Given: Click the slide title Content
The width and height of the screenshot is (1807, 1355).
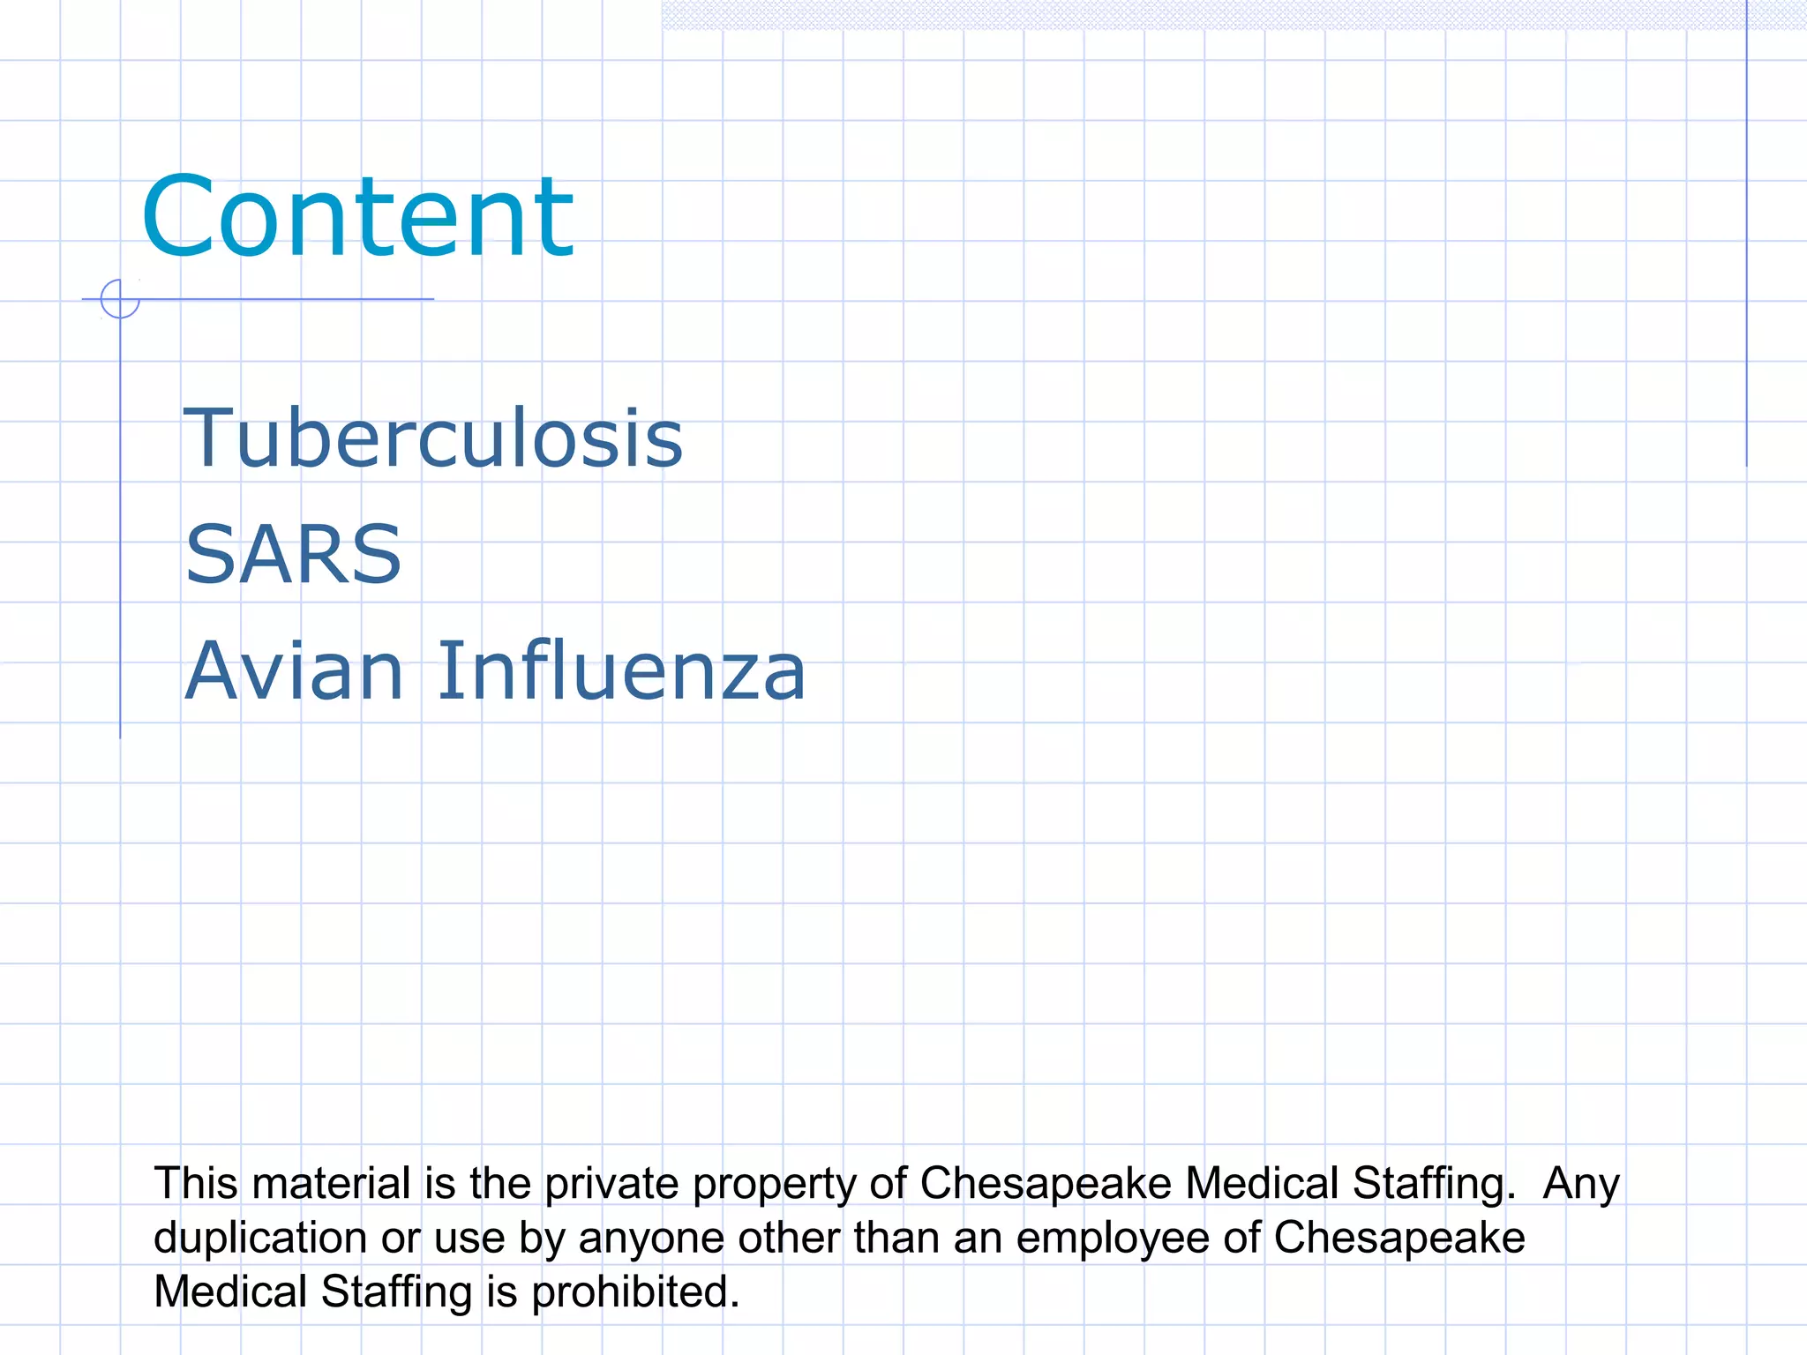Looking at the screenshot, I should (x=357, y=217).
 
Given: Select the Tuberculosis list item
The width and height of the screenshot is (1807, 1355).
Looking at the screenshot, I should (x=432, y=438).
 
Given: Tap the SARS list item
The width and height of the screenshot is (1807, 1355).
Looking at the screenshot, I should (x=294, y=554).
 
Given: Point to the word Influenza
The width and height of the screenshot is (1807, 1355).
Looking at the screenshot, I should (x=621, y=670).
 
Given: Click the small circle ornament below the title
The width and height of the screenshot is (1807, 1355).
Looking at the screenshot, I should (x=120, y=299).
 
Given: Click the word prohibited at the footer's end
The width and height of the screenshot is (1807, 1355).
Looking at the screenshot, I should (x=635, y=1292).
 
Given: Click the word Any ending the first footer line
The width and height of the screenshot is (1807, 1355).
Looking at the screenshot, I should (x=1580, y=1185).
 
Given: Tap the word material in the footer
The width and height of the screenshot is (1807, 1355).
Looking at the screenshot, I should (x=331, y=1183).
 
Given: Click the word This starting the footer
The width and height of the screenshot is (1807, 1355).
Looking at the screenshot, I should (x=195, y=1183).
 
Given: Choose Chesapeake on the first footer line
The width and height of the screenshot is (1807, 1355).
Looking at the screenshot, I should (x=1046, y=1183).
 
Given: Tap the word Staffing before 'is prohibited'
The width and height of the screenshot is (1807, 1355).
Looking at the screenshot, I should (x=397, y=1292).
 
